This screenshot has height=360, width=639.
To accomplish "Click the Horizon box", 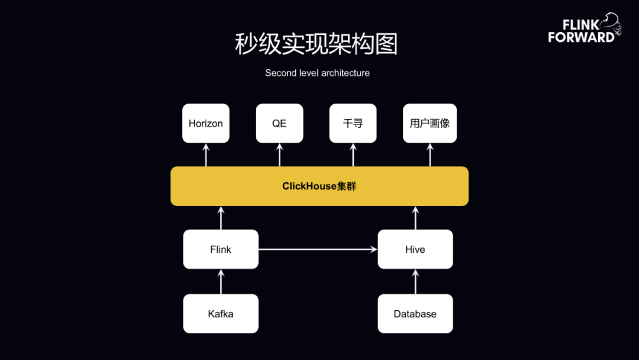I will tap(206, 123).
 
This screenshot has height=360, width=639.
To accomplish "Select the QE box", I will tap(279, 123).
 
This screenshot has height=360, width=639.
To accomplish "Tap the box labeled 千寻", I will tap(353, 123).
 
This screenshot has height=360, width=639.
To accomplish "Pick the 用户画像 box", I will tap(430, 123).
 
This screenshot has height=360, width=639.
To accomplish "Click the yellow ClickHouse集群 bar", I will tap(319, 186).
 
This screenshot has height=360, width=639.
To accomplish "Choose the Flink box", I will tap(221, 249).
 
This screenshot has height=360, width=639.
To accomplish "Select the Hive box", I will tap(415, 249).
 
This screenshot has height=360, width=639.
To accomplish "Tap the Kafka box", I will tap(221, 314).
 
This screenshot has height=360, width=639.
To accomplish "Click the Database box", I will tap(415, 314).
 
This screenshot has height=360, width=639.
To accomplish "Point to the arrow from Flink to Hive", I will tap(318, 249).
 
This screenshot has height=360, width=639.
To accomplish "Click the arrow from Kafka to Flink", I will tap(221, 282).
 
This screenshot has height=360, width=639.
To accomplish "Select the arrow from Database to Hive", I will tap(415, 282).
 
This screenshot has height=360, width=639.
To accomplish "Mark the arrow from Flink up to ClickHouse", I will tap(221, 218).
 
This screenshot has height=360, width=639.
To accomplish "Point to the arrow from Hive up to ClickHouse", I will tap(415, 218).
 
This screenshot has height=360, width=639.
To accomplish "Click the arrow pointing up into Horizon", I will tap(206, 155).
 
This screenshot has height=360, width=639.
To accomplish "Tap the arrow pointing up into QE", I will tap(279, 155).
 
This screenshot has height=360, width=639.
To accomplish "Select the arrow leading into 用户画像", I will tap(430, 155).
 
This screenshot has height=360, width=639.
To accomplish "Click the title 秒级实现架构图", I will tap(317, 44).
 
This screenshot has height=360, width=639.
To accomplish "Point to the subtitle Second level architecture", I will tap(317, 73).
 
